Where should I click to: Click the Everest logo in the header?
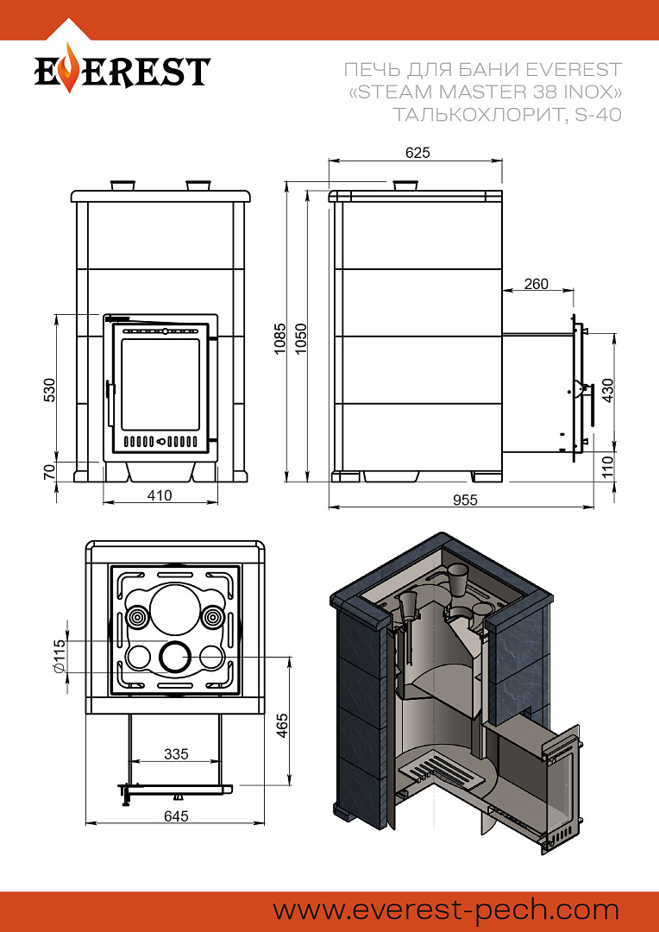(x=122, y=72)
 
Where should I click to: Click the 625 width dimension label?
(x=417, y=153)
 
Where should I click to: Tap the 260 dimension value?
(x=536, y=285)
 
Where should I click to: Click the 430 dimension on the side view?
(x=608, y=391)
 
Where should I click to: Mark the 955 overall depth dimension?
(x=464, y=500)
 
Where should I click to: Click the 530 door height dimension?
(x=50, y=389)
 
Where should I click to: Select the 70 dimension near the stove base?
(x=50, y=471)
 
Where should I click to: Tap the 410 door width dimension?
(x=160, y=495)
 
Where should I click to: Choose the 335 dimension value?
(x=175, y=754)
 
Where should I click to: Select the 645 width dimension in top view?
(x=175, y=815)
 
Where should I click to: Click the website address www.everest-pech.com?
(x=446, y=910)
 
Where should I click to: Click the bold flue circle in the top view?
(x=175, y=658)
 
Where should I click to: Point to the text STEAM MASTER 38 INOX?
(x=489, y=91)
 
